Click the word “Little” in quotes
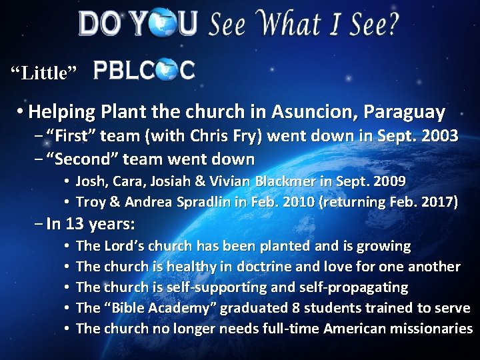point(44,71)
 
